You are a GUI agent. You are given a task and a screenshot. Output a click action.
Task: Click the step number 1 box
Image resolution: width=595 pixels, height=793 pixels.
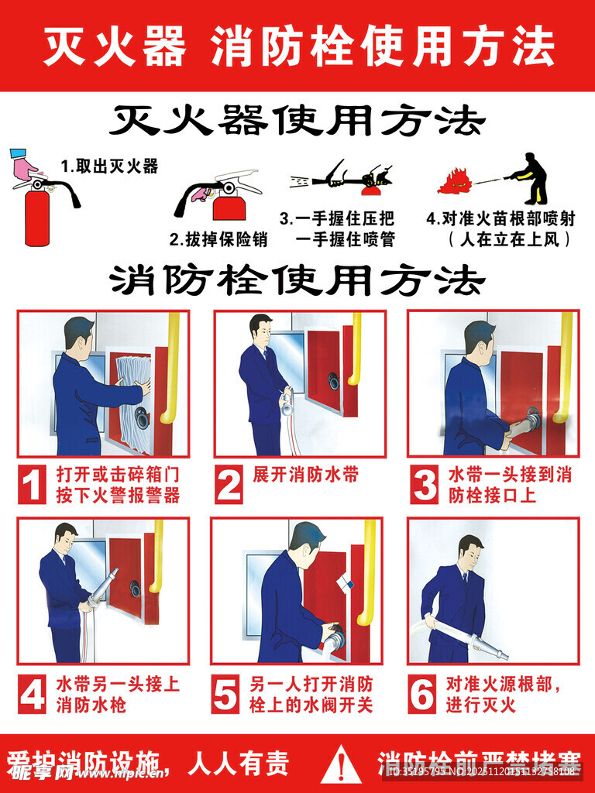pos(32,485)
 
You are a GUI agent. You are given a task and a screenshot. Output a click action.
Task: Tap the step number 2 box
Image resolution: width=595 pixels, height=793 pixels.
pos(229,485)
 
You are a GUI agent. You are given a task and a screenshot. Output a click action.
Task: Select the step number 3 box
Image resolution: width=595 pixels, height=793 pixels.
pos(425,485)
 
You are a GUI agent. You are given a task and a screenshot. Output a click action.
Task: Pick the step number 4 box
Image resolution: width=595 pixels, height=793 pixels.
pos(32,694)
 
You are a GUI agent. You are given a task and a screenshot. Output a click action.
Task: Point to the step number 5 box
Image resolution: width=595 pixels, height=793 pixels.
pos(225,694)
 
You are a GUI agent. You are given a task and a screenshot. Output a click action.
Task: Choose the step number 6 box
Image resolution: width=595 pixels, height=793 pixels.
pos(421,694)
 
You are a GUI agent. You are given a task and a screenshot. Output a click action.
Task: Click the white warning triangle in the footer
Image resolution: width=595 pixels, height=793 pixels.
pos(340,764)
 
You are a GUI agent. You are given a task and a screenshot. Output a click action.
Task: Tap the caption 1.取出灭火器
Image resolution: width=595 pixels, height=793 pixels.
pos(109,166)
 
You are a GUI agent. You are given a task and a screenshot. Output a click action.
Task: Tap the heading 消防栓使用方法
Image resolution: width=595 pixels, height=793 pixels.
pos(297,280)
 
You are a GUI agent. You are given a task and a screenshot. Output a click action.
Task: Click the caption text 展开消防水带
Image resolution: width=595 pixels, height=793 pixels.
pos(306,475)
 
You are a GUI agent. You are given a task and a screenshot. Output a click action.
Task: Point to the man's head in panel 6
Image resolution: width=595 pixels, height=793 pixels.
pos(469,551)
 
